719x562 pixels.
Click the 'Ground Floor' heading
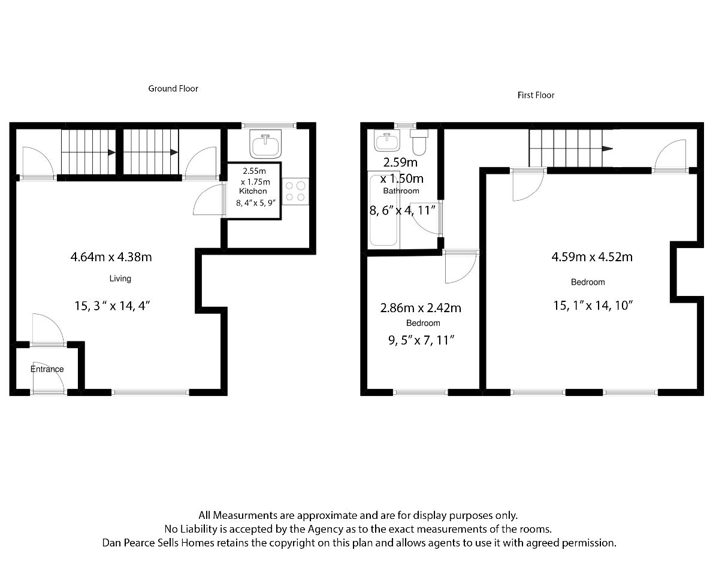(173, 89)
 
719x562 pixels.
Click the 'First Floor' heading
(536, 95)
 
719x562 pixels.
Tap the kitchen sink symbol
(265, 144)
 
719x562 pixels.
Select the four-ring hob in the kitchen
(295, 191)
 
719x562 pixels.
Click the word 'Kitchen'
(252, 191)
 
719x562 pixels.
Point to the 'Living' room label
(120, 279)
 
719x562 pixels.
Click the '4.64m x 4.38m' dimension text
(111, 257)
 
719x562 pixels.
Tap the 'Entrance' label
(47, 369)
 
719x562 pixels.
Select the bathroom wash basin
(386, 141)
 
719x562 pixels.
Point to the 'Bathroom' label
(401, 191)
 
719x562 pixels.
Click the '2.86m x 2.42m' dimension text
(421, 309)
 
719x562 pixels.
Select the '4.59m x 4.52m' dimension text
(592, 257)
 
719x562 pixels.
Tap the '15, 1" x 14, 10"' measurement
(593, 305)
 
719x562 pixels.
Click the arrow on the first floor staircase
(608, 149)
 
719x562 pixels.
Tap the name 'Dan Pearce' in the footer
(128, 543)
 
